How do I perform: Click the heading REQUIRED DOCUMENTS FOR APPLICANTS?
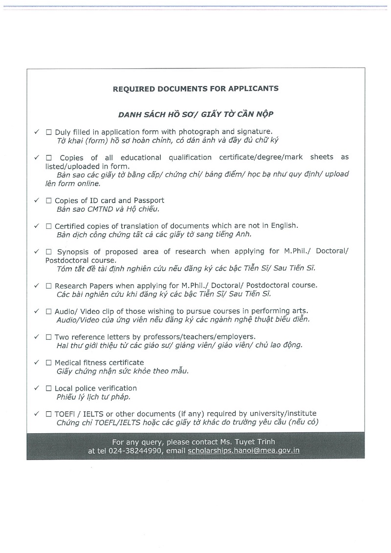coord(195,89)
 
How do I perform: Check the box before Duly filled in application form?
coord(49,133)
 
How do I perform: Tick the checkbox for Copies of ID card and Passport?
coord(49,201)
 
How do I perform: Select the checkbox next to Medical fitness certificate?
coord(49,363)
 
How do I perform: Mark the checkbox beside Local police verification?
coord(49,389)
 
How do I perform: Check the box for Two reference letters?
coord(49,337)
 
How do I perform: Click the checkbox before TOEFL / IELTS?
coord(49,414)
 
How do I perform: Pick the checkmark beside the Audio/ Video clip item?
coord(36,311)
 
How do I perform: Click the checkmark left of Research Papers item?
coord(36,285)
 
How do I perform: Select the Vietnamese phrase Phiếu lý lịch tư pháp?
coord(93,397)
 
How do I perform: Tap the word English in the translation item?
coord(282,226)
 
